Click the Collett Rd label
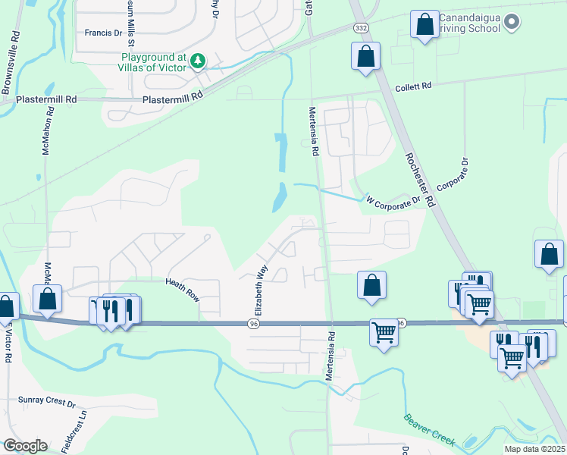[414, 86]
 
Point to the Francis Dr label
[103, 33]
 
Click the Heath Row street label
[183, 290]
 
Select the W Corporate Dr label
[393, 202]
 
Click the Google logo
[24, 446]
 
